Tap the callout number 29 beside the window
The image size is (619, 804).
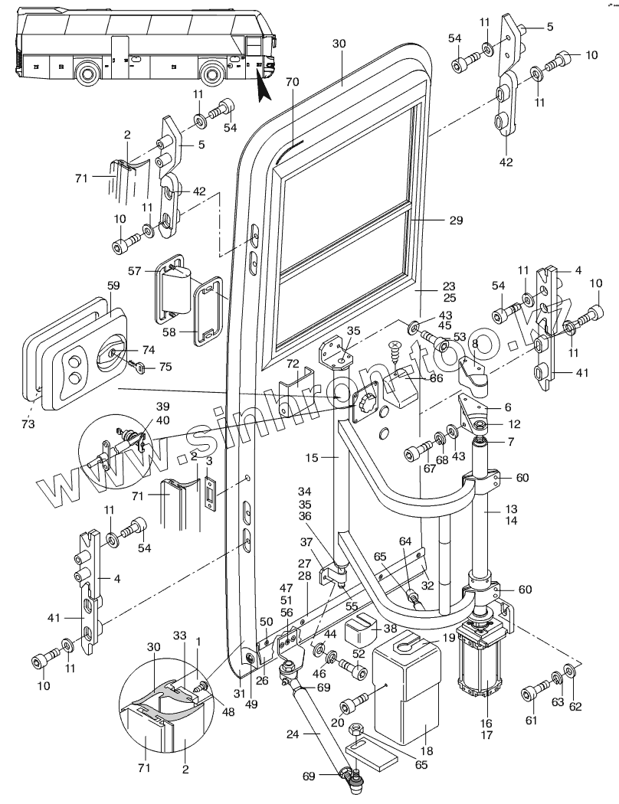tap(456, 220)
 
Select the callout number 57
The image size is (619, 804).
tap(136, 271)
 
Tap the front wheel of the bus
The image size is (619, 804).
tap(215, 75)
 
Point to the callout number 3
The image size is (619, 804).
tap(210, 460)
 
